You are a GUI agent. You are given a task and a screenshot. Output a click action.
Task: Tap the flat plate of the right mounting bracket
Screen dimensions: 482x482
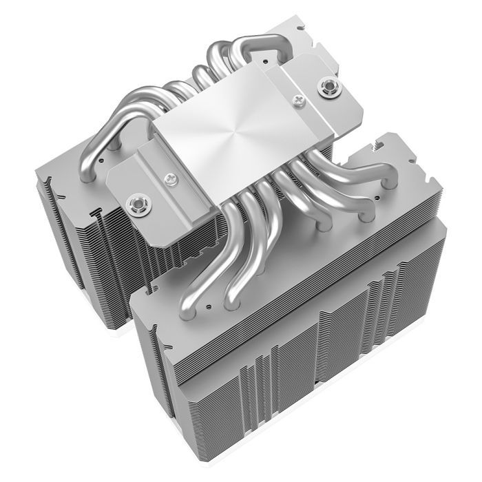point(310,96)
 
